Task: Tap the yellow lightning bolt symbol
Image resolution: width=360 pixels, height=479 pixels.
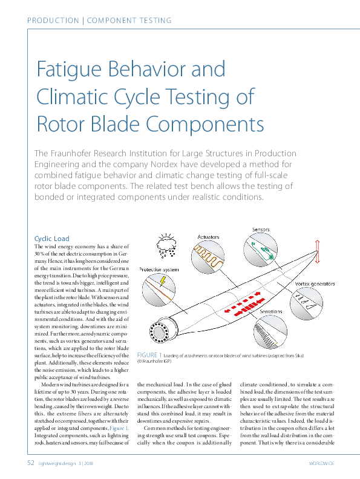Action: pos(163,281)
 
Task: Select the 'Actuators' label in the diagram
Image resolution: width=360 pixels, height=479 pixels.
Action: pos(208,236)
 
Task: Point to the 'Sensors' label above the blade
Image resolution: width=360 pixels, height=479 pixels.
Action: pos(261,230)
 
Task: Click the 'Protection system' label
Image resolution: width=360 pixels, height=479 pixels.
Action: pos(159,269)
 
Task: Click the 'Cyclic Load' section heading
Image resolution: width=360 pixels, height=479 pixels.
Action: pos(52,239)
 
